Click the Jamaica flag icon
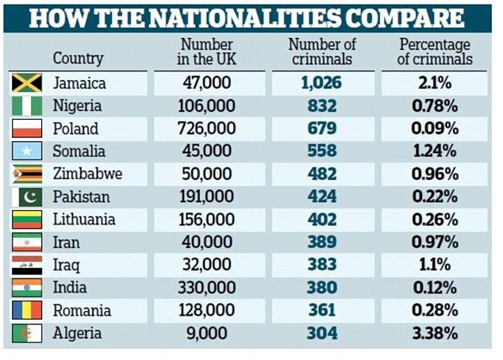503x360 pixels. click(x=25, y=82)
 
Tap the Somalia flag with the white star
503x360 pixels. click(x=25, y=151)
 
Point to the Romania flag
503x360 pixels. click(x=25, y=310)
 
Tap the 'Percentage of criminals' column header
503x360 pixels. click(x=434, y=52)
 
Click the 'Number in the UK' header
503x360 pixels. click(x=206, y=52)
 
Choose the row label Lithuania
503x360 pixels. click(x=84, y=219)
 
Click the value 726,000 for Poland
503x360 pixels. click(x=209, y=128)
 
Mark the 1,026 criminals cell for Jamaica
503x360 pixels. click(x=322, y=82)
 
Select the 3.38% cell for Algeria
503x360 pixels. click(x=434, y=333)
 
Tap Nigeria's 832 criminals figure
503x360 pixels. click(x=322, y=105)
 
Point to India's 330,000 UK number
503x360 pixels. click(x=209, y=288)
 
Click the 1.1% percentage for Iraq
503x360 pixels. click(x=434, y=265)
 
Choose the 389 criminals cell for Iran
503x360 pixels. click(x=322, y=242)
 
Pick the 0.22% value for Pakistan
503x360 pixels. click(x=434, y=197)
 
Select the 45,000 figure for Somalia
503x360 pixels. click(x=209, y=151)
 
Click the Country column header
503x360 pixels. click(x=78, y=58)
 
